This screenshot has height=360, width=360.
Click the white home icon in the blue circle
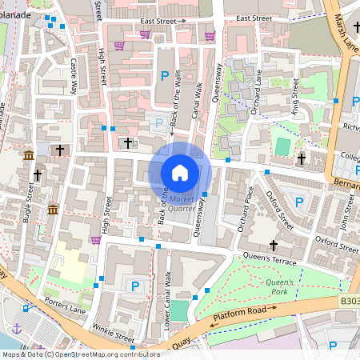[180, 172]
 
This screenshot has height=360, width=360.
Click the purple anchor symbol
[16, 328]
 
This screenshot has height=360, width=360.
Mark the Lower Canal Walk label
[167, 298]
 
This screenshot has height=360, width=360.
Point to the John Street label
[346, 214]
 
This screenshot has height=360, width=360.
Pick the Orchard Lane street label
[256, 93]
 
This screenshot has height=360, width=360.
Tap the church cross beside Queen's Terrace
[273, 245]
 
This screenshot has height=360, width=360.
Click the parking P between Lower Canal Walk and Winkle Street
[135, 286]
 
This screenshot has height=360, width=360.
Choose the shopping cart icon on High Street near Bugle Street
[96, 239]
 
